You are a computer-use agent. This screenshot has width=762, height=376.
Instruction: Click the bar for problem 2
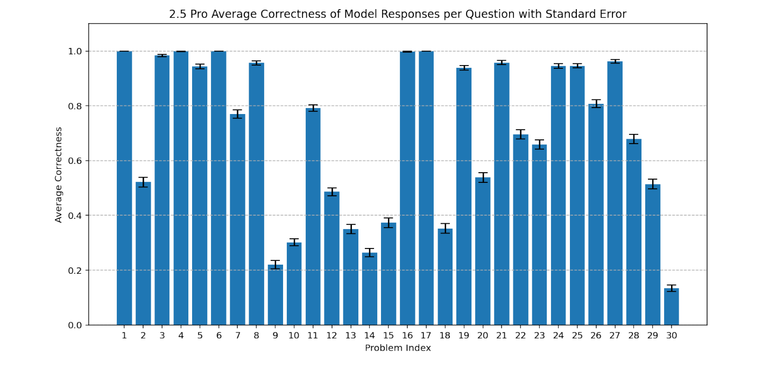(x=143, y=253)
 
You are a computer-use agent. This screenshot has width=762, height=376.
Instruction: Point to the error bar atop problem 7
(x=237, y=114)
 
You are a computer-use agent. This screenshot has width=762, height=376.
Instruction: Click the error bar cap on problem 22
(x=520, y=130)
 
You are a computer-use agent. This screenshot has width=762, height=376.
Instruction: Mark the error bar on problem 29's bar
(x=652, y=184)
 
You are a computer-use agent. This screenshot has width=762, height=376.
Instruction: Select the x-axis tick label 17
(x=426, y=336)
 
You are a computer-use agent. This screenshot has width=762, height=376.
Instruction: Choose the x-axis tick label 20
(x=483, y=336)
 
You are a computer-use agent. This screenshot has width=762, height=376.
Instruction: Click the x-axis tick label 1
(x=124, y=336)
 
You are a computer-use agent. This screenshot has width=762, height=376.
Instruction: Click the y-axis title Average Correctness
(x=59, y=174)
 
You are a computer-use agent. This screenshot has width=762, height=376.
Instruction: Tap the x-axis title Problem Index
(x=398, y=348)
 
